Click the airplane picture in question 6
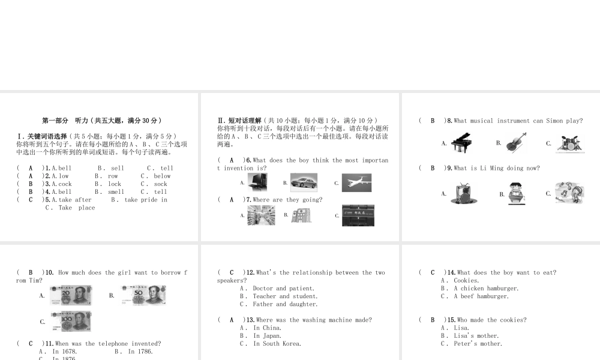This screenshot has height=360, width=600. pos(356,183)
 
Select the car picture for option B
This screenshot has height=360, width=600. pos(304,182)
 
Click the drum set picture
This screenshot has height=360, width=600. pos(569,143)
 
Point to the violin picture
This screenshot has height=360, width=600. pos(516,143)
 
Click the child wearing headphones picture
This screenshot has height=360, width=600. pos(569,193)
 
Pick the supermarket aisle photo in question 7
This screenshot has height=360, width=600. pos(261,215)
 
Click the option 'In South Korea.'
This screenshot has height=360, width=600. pos(277,344)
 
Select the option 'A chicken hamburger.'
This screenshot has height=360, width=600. pos(486,289)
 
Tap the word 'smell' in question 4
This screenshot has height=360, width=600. pos(116,192)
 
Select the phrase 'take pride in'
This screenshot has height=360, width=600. pos(146,200)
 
